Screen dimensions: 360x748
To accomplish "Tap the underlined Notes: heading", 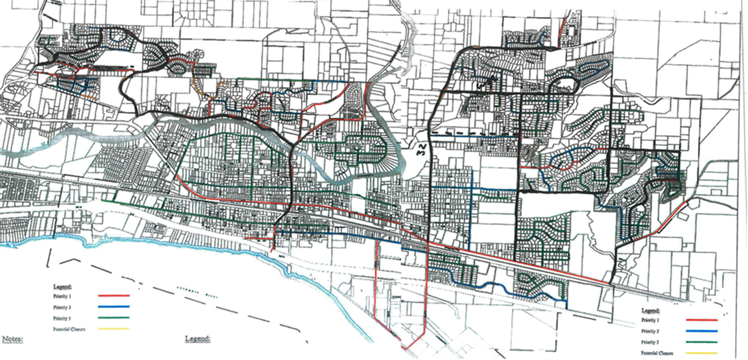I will (13, 338).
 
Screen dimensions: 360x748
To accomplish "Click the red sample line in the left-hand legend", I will (113, 295).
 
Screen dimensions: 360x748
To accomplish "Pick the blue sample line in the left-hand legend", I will (113, 307).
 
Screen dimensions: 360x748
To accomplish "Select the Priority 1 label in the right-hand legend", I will (650, 320).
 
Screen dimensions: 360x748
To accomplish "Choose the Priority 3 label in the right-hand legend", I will (650, 342).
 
